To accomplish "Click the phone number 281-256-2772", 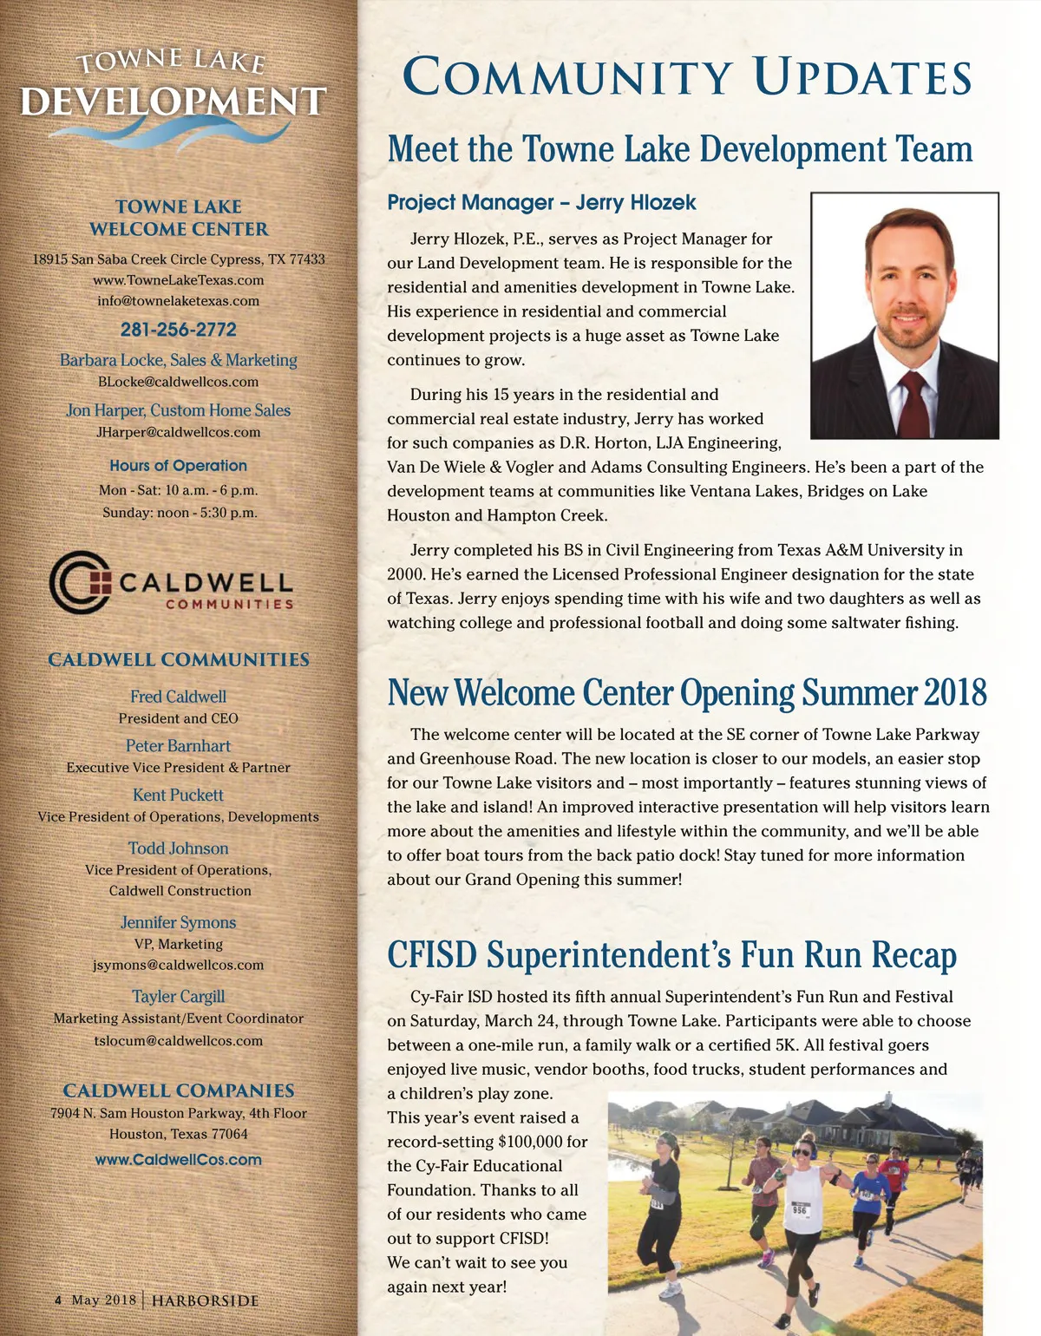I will (x=178, y=330).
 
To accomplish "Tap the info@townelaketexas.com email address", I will (x=178, y=301).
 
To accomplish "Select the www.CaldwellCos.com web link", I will (x=178, y=1160).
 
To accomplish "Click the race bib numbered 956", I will (x=799, y=1209).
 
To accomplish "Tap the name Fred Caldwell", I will (x=178, y=697).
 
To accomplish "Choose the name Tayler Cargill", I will (x=178, y=997).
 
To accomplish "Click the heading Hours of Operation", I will (x=178, y=466).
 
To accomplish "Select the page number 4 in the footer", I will (x=58, y=1300).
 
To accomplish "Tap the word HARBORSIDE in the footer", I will (x=205, y=1300).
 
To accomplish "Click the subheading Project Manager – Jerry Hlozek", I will (x=541, y=203).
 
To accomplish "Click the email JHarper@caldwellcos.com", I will (x=178, y=432).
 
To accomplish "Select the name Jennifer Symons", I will (x=178, y=923).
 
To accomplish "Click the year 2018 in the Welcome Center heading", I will (x=954, y=692).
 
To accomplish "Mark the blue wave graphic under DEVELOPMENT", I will (x=173, y=134).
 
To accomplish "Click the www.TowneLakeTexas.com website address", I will (x=178, y=280).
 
